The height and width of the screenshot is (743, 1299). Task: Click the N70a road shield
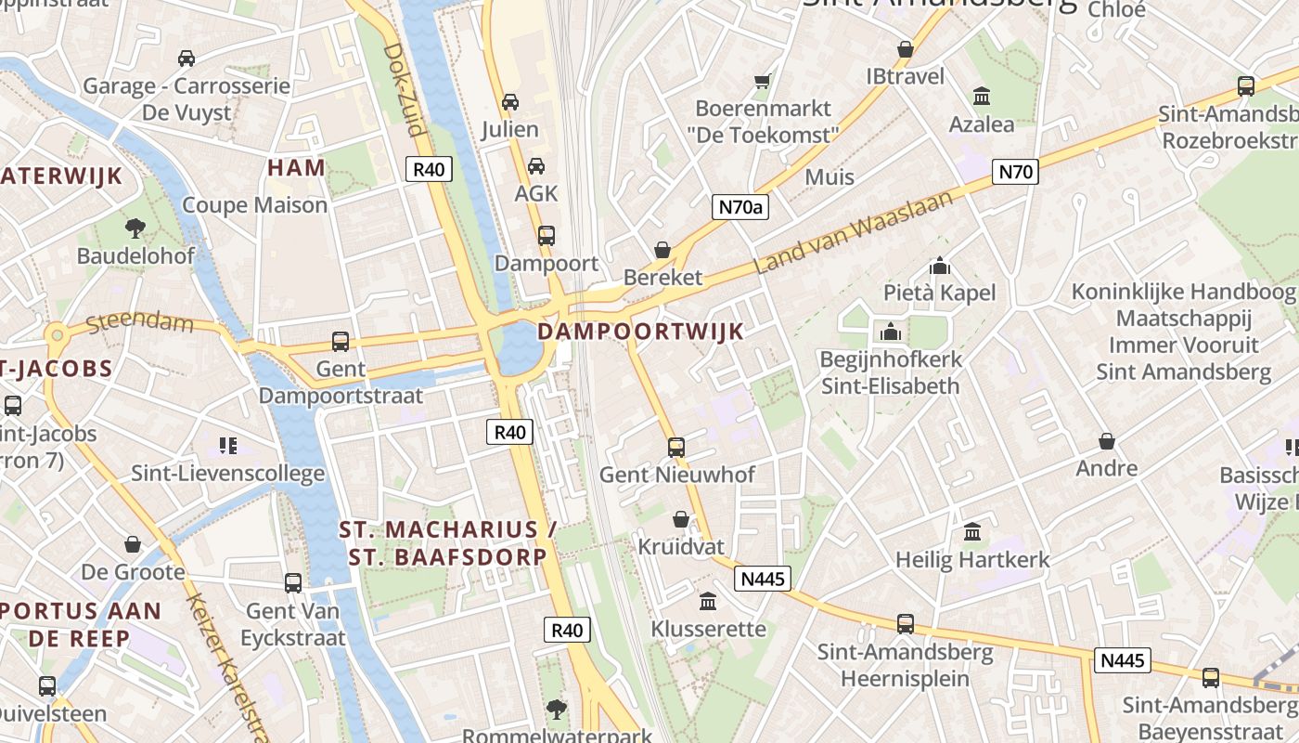point(740,207)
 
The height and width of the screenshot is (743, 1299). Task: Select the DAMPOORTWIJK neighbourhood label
point(640,332)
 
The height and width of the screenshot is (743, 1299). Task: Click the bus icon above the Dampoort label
point(546,236)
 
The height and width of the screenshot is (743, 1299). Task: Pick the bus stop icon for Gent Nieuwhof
point(676,448)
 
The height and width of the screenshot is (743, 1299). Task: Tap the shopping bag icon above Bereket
point(662,250)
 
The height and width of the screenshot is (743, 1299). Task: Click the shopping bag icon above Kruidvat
point(681,519)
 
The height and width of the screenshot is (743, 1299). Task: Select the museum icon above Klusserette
point(708,602)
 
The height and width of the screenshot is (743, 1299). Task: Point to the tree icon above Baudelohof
point(135,228)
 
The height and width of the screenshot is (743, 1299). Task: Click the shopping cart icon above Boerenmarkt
point(763,82)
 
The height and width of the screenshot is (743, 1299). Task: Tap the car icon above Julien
point(509,102)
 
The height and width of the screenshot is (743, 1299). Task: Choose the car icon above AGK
point(535,166)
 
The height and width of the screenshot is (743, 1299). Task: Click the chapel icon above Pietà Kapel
point(939,267)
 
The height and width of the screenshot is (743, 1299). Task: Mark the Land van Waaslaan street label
point(854,232)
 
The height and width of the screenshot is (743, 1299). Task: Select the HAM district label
point(297,168)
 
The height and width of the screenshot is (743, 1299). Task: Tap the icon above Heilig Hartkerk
point(972,532)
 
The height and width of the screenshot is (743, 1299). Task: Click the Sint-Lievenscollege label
point(227,473)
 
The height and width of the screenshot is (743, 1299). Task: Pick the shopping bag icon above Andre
point(1106,441)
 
